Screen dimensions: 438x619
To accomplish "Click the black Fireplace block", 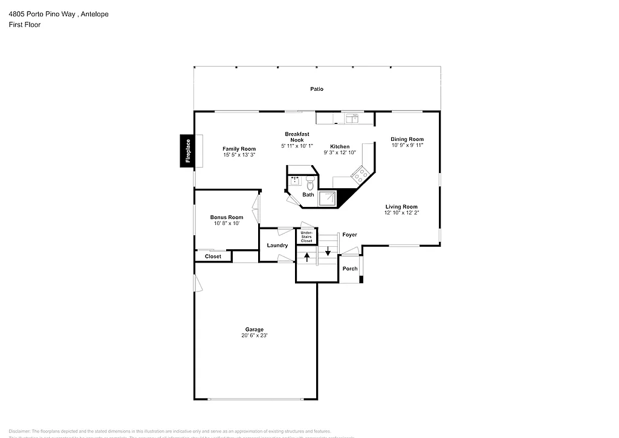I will click(x=187, y=151).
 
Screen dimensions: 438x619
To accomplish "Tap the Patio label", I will click(x=317, y=89).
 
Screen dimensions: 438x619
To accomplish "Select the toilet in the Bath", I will click(x=310, y=181).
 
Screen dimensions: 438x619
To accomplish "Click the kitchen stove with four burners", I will click(x=361, y=175).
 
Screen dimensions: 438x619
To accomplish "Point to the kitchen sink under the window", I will click(x=351, y=118).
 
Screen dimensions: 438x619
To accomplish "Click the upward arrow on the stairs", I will click(x=307, y=257).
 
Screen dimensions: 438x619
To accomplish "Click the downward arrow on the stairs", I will click(x=328, y=250).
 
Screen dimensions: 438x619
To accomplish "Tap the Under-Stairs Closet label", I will click(x=306, y=237).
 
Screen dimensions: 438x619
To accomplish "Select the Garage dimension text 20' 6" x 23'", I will click(x=254, y=335).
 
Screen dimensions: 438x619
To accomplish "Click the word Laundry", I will click(x=277, y=245).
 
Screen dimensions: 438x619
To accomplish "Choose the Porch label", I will click(x=350, y=269).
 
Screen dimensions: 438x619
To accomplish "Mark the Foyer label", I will click(x=349, y=235).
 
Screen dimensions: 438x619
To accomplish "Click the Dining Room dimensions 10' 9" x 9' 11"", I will click(x=407, y=145).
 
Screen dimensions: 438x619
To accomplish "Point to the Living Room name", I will click(x=401, y=207).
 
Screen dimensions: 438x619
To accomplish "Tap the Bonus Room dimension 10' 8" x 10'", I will click(x=227, y=223).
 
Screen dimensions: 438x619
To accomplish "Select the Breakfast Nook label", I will click(x=297, y=136).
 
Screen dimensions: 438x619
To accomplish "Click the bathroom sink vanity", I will click(x=296, y=180).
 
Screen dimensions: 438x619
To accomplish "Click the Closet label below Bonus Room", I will click(x=213, y=257).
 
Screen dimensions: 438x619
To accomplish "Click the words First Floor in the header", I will click(x=25, y=25).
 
